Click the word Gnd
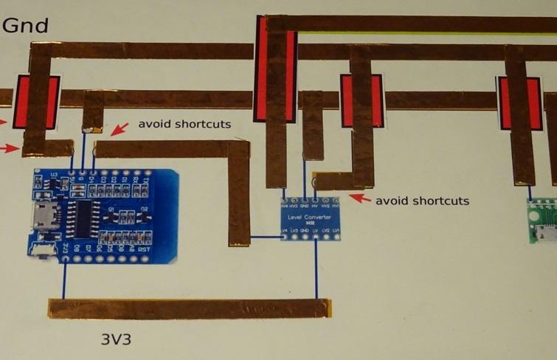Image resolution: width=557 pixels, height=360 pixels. (26, 26)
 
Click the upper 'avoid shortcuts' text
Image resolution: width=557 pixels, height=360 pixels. (184, 124)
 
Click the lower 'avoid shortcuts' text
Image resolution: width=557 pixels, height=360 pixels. (422, 201)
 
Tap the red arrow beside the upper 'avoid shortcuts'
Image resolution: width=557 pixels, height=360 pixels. (117, 131)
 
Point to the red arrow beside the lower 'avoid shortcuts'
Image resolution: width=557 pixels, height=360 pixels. (359, 198)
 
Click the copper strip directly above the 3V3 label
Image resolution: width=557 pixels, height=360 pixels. (188, 308)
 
